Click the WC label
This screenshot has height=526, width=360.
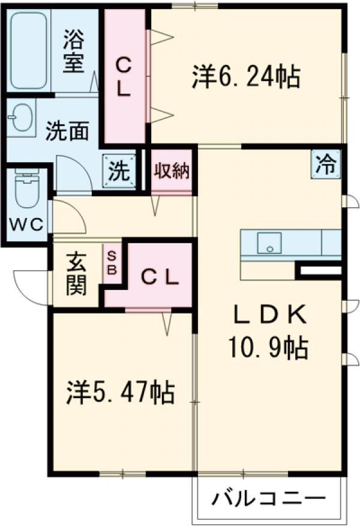coord(26,225)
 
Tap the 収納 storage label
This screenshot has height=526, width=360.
coord(172,171)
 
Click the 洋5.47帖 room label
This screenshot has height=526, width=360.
coord(120,393)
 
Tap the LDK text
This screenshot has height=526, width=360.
coord(269,314)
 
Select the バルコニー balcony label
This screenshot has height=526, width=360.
coord(269,498)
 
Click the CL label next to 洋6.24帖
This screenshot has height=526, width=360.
coord(124,76)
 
